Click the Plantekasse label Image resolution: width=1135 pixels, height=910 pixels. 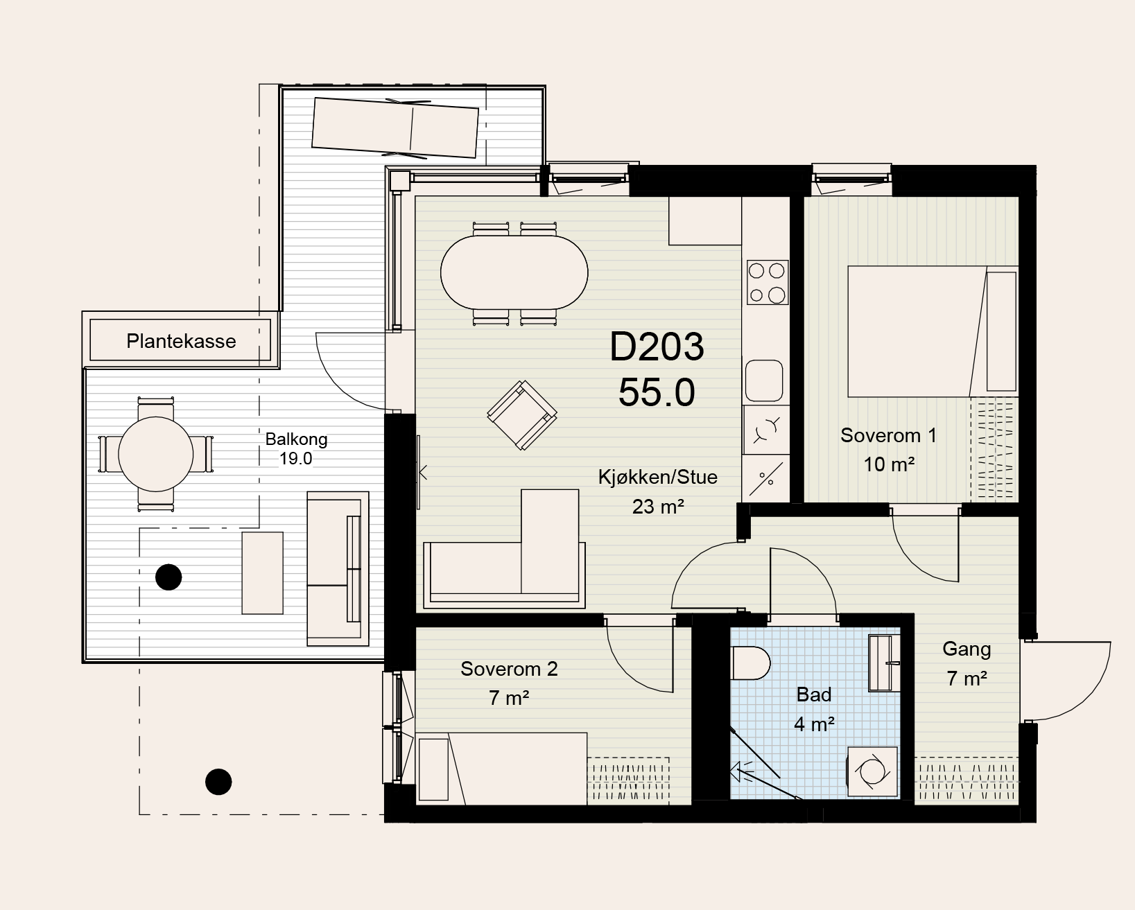click(181, 341)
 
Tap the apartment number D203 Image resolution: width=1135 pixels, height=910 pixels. click(657, 347)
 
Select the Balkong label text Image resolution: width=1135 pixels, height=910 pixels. click(296, 439)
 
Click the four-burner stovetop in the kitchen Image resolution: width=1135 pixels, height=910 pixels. click(768, 282)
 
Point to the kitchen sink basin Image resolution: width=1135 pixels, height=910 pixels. click(763, 380)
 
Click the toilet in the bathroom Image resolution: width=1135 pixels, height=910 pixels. click(751, 663)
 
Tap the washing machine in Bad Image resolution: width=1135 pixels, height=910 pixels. click(872, 771)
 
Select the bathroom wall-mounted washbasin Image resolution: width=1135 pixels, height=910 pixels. click(884, 663)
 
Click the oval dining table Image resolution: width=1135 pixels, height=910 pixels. click(514, 272)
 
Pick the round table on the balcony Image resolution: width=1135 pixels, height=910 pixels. click(155, 454)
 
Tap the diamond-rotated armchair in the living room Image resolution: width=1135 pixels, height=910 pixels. click(522, 415)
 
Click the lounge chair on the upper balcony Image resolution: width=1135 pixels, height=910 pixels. click(395, 128)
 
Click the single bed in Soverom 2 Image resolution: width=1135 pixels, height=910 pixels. click(501, 769)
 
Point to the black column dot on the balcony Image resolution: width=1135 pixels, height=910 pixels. click(168, 577)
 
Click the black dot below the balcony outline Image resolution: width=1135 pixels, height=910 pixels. click(218, 781)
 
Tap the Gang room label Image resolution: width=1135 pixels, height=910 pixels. click(967, 649)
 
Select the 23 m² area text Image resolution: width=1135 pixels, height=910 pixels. click(658, 507)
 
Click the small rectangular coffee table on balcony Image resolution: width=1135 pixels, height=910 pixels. click(262, 573)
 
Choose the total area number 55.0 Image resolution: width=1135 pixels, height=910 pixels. click(657, 393)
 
